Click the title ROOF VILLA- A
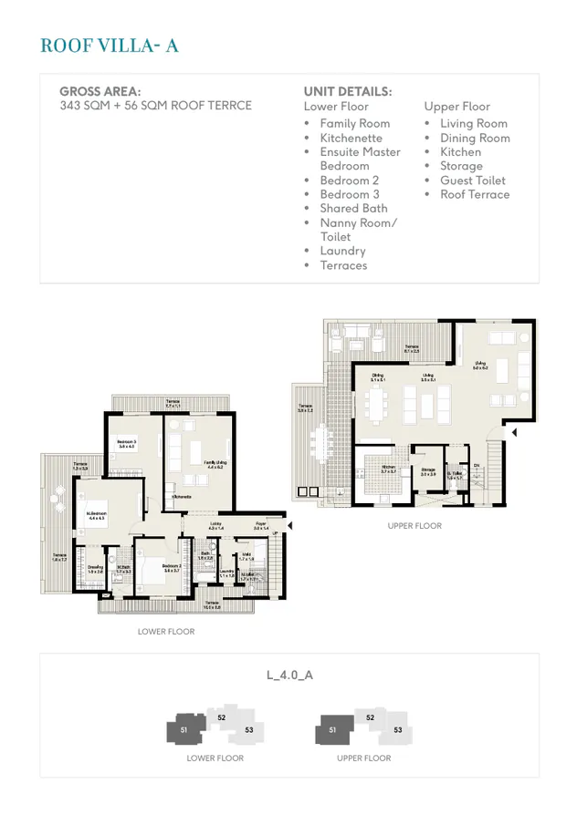[109, 46]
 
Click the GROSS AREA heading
[100, 91]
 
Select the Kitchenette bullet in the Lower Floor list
[351, 138]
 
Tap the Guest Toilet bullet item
[472, 181]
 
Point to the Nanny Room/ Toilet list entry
[358, 230]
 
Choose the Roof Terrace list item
[475, 194]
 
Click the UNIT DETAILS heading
[347, 91]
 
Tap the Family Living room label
[215, 464]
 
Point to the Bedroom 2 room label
[172, 567]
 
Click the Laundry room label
[226, 573]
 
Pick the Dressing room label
[95, 568]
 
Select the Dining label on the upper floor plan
[377, 377]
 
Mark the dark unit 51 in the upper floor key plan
[332, 729]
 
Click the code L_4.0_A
[289, 676]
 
